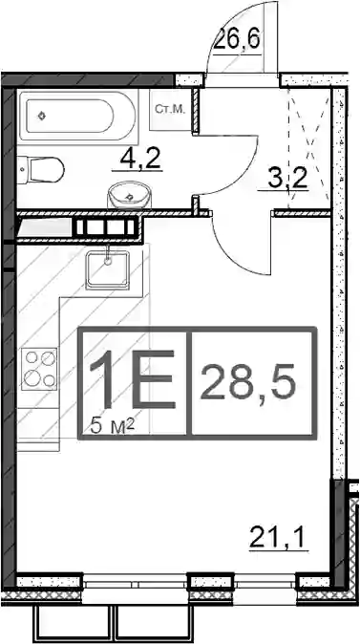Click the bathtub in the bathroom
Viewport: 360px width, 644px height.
click(x=76, y=116)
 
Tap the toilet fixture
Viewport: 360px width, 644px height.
click(x=41, y=170)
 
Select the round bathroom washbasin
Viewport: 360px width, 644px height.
click(x=129, y=195)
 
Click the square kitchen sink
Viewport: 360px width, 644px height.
click(x=108, y=269)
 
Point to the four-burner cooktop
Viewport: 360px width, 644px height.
click(x=39, y=369)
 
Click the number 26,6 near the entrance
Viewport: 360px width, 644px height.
click(x=237, y=39)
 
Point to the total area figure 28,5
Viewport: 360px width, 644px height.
click(x=248, y=383)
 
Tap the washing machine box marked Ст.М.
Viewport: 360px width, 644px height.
click(x=171, y=109)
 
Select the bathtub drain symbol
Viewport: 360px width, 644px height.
click(x=41, y=117)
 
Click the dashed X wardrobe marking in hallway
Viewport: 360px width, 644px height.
click(x=310, y=148)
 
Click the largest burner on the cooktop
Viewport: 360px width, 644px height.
click(x=32, y=376)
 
